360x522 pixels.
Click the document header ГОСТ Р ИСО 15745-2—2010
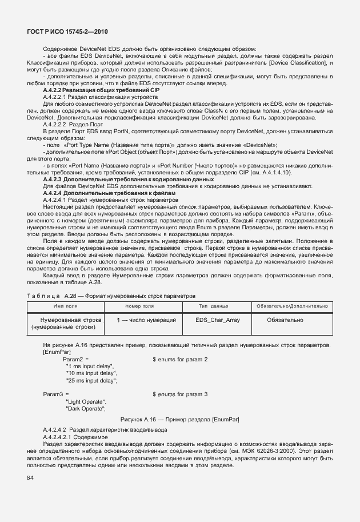[x=67, y=31]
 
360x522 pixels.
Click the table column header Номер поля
[x=140, y=306]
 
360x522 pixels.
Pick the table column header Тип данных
[x=214, y=306]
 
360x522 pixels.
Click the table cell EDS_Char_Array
[x=218, y=320]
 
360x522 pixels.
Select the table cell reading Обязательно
[x=285, y=320]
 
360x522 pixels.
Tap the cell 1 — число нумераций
[x=146, y=320]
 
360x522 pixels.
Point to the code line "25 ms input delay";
[x=92, y=380]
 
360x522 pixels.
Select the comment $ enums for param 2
[x=180, y=359]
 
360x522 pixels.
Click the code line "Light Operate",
[x=86, y=401]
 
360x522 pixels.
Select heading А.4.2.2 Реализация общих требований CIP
[x=102, y=90]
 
